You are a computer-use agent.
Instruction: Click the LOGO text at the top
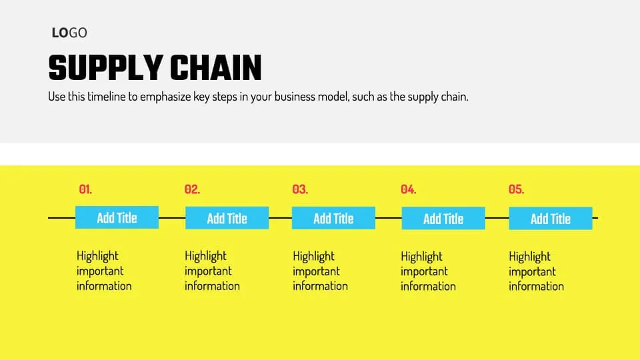(x=69, y=33)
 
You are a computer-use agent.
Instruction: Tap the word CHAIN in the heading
(x=215, y=68)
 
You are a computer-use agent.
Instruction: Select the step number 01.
(x=85, y=189)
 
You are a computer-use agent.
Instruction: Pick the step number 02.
(x=192, y=189)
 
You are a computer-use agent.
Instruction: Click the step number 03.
(x=300, y=189)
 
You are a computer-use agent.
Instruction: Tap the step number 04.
(x=408, y=189)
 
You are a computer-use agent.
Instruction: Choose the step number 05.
(x=516, y=189)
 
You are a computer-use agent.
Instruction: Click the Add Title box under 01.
(x=117, y=217)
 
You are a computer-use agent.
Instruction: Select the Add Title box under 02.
(x=227, y=218)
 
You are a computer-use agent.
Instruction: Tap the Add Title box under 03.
(x=333, y=218)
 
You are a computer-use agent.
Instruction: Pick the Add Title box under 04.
(x=443, y=219)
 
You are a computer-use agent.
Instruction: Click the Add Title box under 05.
(x=550, y=219)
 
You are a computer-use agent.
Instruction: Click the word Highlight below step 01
(x=97, y=256)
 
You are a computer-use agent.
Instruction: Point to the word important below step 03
(x=316, y=271)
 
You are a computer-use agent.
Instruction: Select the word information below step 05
(x=536, y=287)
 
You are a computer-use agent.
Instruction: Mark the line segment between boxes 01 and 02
(x=172, y=218)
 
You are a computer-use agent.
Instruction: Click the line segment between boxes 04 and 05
(x=497, y=218)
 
